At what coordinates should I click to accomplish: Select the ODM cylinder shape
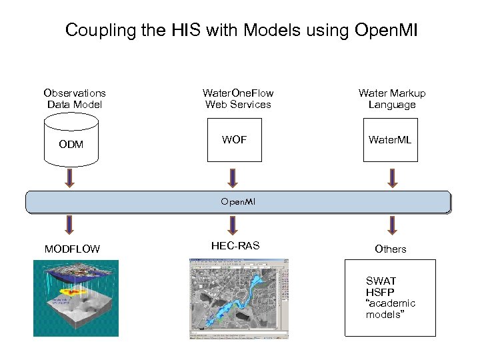71,141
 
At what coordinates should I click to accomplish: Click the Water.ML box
390,140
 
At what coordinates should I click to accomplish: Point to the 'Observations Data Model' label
74,99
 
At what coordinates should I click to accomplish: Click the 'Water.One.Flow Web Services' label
238,99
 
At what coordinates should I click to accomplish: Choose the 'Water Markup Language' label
392,99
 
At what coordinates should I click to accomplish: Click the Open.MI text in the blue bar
238,201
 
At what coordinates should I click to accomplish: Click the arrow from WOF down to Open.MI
233,177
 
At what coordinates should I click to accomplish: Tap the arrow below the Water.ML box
392,177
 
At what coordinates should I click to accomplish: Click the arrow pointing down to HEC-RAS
233,225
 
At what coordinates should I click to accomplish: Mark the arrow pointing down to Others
392,225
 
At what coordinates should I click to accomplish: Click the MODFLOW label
72,249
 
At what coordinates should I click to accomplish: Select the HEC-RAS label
235,246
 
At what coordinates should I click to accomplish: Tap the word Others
391,249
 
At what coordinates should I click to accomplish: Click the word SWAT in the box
381,281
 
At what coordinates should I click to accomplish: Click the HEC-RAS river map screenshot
239,299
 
